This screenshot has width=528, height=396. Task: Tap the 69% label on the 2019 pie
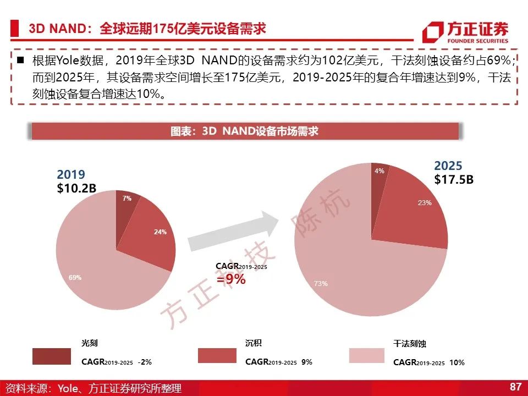point(75,277)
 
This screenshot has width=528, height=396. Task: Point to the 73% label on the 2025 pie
point(321,284)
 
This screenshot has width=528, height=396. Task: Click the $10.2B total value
point(76,188)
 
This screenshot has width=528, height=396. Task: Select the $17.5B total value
point(454,179)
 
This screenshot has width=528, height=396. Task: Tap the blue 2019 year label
point(71,174)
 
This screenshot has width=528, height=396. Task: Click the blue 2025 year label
point(448,166)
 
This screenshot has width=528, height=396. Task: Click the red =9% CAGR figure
point(231,279)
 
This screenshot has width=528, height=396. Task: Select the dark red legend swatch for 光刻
point(52,356)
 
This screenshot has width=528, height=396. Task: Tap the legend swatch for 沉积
point(217,356)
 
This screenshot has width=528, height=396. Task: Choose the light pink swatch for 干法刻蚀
point(367,356)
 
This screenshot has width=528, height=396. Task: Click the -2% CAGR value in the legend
point(145,362)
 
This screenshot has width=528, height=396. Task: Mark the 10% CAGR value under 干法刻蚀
point(457,362)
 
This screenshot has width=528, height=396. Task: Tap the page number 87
point(515,386)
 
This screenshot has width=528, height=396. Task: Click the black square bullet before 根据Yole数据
point(20,60)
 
